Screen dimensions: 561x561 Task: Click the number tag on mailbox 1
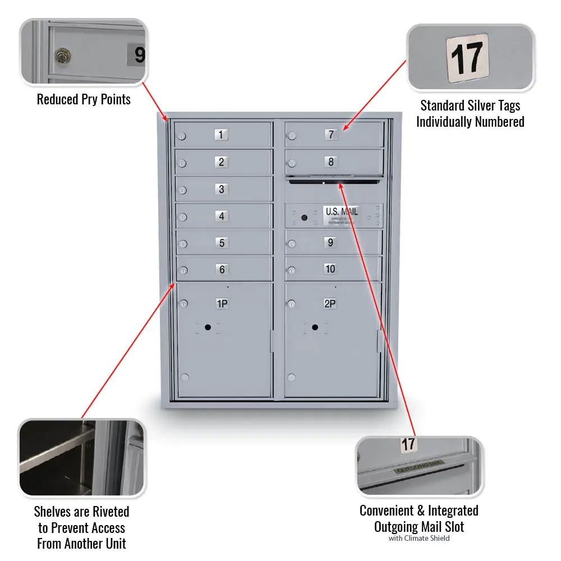click(221, 135)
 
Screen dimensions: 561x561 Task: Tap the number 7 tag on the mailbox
click(331, 135)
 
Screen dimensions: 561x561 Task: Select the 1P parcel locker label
click(222, 304)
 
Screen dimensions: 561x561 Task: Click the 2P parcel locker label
click(330, 304)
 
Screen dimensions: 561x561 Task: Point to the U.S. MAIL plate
click(341, 212)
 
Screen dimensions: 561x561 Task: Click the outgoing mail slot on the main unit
click(333, 181)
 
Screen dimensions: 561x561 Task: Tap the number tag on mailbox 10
click(330, 269)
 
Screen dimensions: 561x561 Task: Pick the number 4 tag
click(222, 217)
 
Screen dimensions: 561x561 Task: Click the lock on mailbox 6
click(183, 271)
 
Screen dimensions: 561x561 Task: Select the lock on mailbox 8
click(292, 163)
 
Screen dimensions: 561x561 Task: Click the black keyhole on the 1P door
click(208, 327)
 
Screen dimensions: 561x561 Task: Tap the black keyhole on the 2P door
click(315, 327)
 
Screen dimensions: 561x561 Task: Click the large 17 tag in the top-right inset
click(467, 58)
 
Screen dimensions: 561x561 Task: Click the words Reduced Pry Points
click(84, 100)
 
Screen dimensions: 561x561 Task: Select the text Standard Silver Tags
click(470, 105)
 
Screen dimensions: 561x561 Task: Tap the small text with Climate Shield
click(419, 539)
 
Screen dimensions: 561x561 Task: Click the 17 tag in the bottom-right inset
click(408, 444)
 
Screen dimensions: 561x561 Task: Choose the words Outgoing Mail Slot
click(419, 527)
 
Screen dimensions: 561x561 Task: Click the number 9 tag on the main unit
click(330, 243)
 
